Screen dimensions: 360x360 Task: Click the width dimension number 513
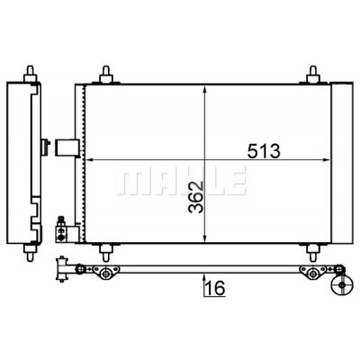point(264,151)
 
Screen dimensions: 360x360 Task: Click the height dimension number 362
point(196,197)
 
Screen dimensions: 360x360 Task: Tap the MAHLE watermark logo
point(181,181)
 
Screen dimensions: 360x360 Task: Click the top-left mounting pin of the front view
point(105,75)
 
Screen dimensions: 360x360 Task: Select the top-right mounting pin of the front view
point(312,75)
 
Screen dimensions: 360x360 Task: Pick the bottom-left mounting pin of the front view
point(105,252)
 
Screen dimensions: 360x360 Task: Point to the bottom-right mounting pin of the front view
point(312,252)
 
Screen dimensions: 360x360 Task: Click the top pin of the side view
point(30,74)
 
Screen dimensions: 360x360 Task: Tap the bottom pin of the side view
point(30,253)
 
